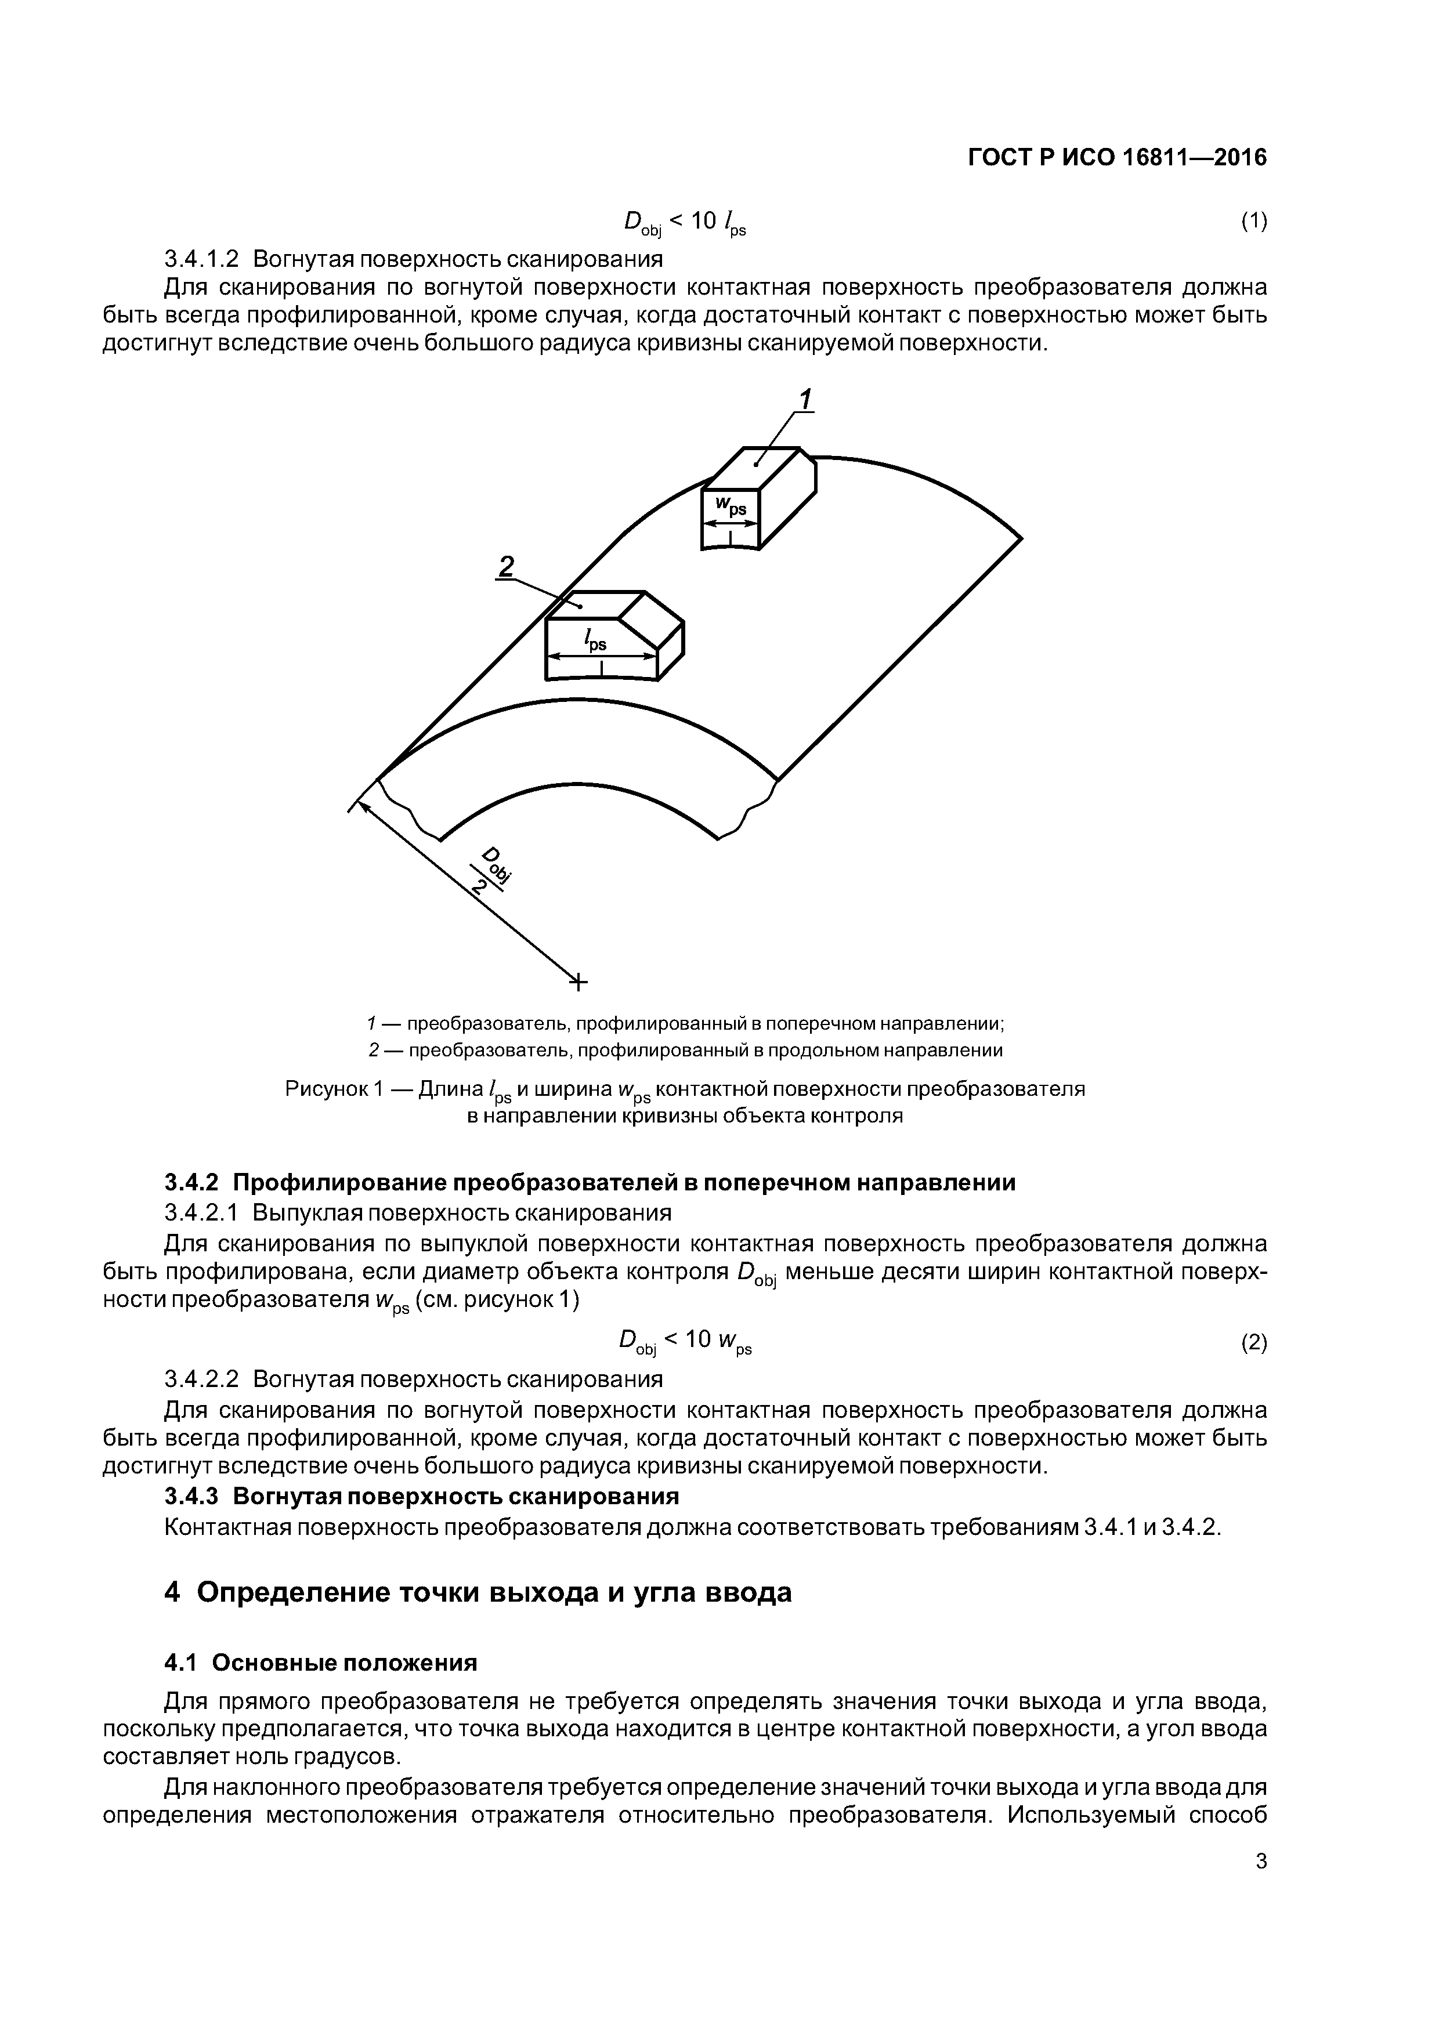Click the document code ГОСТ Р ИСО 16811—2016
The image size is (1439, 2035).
[x=1117, y=158]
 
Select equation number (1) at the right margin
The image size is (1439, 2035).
[x=1253, y=222]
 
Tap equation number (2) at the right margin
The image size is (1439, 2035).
[x=1253, y=1343]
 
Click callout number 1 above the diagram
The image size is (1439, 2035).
[x=804, y=400]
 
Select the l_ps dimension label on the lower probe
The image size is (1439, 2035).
[x=594, y=640]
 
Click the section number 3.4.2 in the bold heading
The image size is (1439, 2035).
[x=191, y=1182]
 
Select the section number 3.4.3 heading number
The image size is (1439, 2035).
[x=191, y=1496]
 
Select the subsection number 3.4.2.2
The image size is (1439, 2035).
[x=202, y=1379]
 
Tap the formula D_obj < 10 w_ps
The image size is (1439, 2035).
[x=685, y=1343]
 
